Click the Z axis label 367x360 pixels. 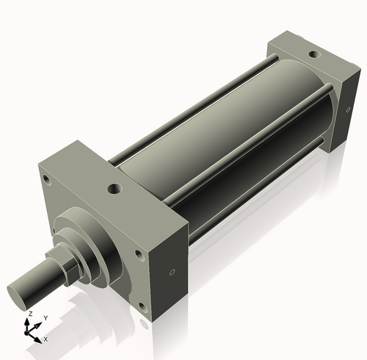pos(29,314)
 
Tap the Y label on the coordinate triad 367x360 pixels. pos(45,317)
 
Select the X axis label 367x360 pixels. pos(46,339)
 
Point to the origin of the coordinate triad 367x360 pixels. pos(31,331)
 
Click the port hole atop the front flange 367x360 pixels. pos(115,189)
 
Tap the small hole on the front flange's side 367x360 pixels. pos(172,273)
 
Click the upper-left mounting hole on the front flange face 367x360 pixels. pos(46,179)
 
